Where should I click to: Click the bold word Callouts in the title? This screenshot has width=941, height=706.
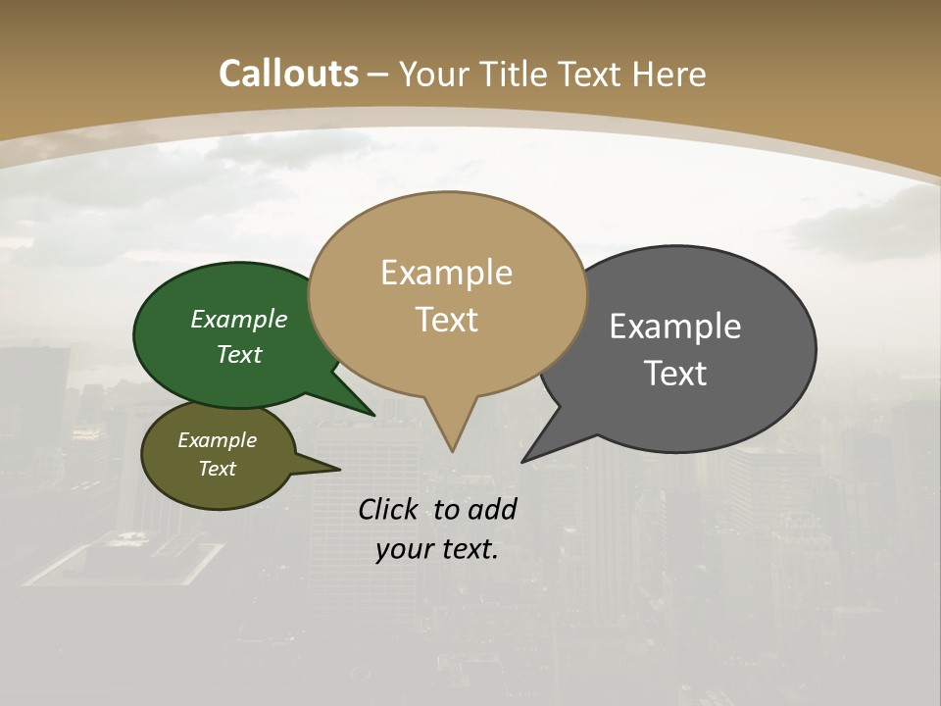click(288, 74)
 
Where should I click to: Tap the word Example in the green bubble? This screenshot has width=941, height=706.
click(239, 320)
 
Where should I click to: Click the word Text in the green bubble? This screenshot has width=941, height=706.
click(239, 354)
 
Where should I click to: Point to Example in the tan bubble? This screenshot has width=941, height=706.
click(447, 273)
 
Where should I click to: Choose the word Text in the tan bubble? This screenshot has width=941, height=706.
click(447, 320)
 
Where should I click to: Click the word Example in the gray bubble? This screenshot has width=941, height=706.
click(675, 327)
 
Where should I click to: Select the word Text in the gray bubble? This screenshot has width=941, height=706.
click(675, 374)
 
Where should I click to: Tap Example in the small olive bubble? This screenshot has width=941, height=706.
click(217, 440)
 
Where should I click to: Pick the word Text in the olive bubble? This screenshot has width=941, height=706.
click(217, 469)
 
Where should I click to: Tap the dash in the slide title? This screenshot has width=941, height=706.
click(378, 74)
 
